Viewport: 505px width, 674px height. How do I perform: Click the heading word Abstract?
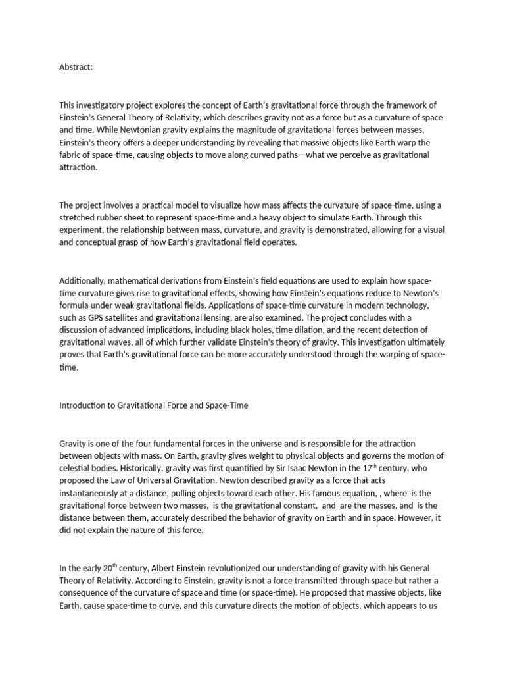click(x=76, y=67)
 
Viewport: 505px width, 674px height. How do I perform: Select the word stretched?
click(x=78, y=218)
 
